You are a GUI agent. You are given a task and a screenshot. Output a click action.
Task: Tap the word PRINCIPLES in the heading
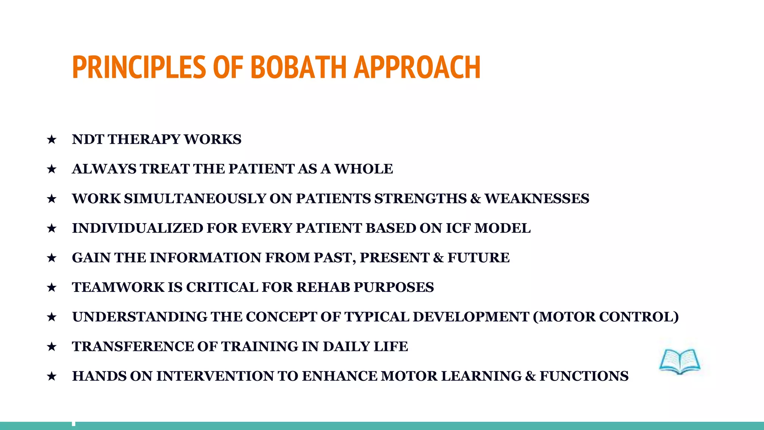tap(139, 67)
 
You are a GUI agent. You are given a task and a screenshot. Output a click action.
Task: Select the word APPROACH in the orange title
tap(417, 67)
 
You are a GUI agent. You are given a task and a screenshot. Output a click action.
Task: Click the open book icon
tap(680, 361)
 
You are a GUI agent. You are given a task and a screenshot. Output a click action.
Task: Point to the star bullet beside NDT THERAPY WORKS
tap(52, 140)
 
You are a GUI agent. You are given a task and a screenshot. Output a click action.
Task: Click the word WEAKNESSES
tap(537, 199)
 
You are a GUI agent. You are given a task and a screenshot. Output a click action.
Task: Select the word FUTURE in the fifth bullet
tap(479, 258)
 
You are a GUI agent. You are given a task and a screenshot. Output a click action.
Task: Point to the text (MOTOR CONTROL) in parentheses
tap(606, 317)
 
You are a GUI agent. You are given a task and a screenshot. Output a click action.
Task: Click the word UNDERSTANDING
tap(140, 317)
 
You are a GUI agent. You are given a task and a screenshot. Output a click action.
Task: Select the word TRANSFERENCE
tap(133, 346)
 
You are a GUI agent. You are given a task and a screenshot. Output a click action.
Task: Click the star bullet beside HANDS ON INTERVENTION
tap(52, 376)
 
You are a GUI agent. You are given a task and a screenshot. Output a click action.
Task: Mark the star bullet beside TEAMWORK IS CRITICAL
tap(52, 287)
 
